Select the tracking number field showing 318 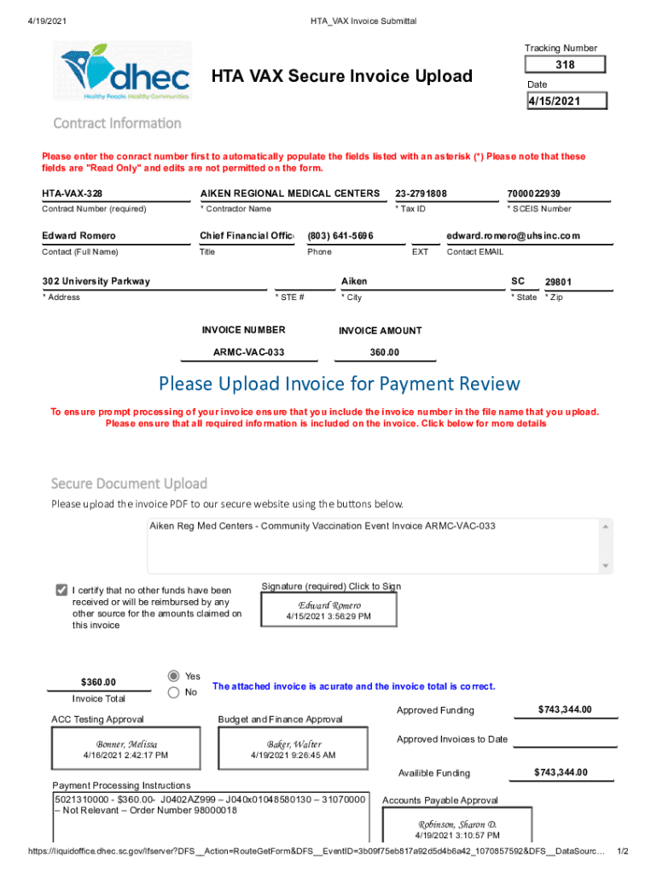click(x=565, y=65)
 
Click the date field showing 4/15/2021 click(x=565, y=101)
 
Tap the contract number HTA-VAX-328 click(x=73, y=194)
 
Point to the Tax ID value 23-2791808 click(x=422, y=194)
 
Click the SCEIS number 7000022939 click(x=539, y=194)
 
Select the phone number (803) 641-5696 click(x=340, y=235)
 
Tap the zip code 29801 click(x=559, y=282)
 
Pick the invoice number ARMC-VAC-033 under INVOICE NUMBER click(x=248, y=352)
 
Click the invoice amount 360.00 click(x=384, y=352)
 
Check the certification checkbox click(x=61, y=590)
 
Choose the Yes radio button click(x=174, y=675)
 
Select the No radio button click(x=174, y=692)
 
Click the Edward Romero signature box click(x=328, y=609)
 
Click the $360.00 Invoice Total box click(x=98, y=682)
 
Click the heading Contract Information click(x=117, y=123)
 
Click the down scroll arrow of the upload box click(x=605, y=565)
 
